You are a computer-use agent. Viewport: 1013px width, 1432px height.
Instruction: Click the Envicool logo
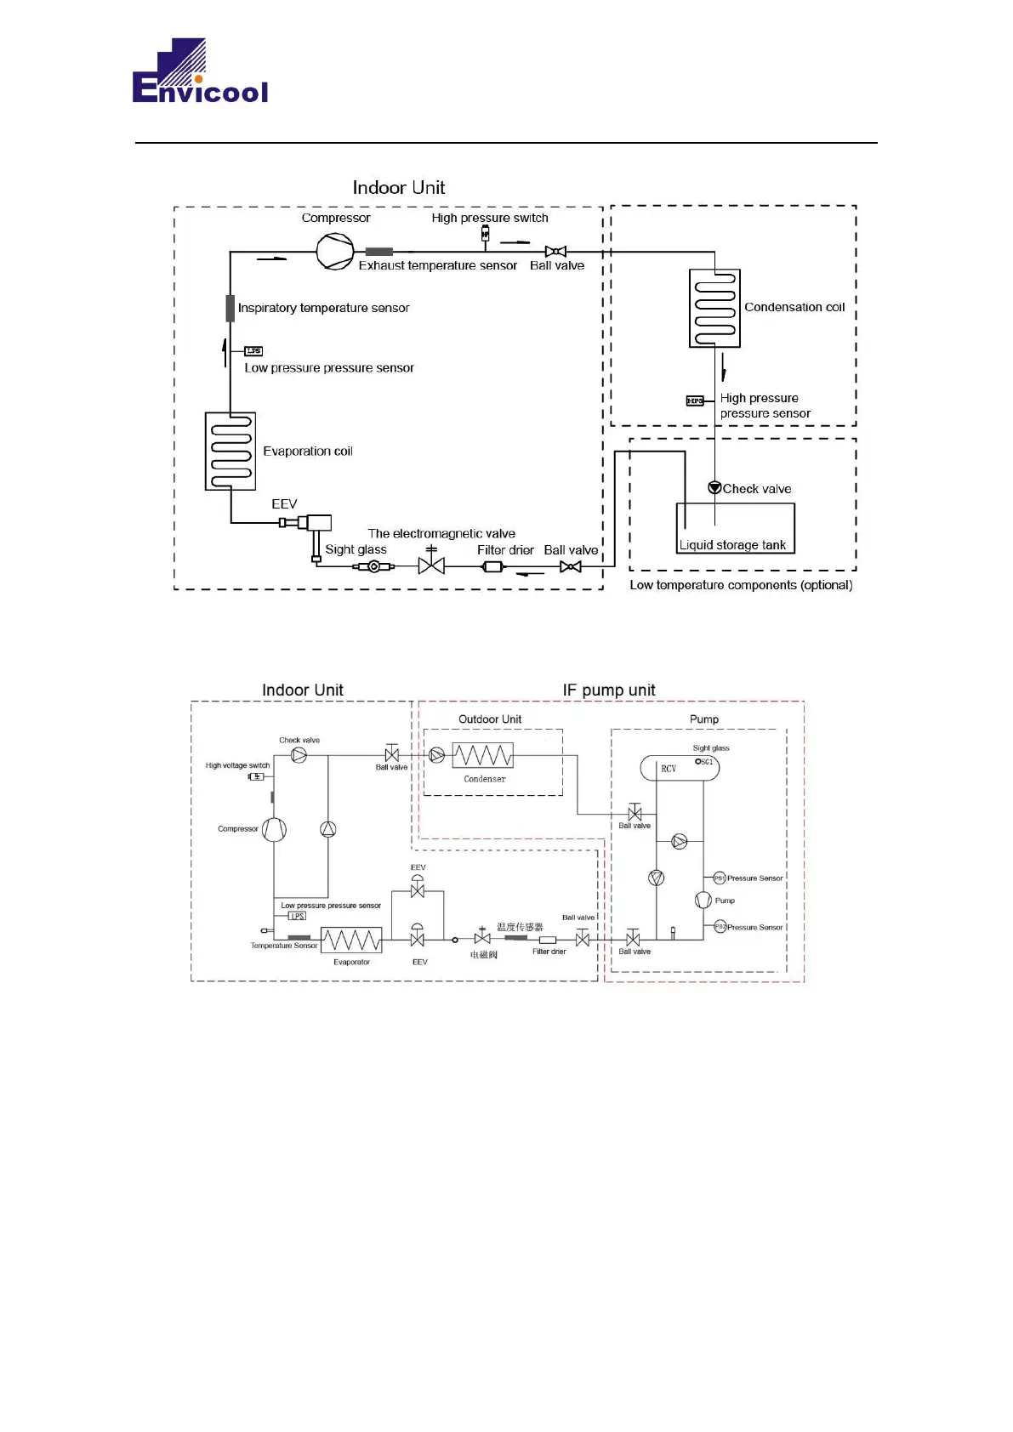click(x=200, y=71)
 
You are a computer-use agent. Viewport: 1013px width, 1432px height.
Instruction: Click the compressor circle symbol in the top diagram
click(x=335, y=252)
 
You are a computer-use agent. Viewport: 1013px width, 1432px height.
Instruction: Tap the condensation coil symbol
click(x=714, y=309)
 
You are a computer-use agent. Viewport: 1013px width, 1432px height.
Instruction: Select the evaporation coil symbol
click(x=230, y=452)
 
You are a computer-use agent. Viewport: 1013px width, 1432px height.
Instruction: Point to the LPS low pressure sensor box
click(x=253, y=351)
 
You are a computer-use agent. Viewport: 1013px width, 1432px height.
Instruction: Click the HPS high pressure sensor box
click(x=695, y=401)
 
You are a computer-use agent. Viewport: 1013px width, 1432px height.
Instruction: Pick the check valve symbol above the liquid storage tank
click(x=714, y=488)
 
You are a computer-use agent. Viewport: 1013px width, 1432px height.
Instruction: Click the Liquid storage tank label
click(x=732, y=545)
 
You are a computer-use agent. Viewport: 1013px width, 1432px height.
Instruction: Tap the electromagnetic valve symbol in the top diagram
click(x=431, y=565)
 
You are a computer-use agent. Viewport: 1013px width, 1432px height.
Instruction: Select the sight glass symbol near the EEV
click(x=373, y=566)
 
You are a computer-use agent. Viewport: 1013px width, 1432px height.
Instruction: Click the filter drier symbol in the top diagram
click(x=493, y=566)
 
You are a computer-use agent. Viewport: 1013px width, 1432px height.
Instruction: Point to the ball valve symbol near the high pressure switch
click(x=555, y=252)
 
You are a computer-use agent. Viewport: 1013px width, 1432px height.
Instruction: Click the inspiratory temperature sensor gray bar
click(x=230, y=308)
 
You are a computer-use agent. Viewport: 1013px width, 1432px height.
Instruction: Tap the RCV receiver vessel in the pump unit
click(x=679, y=768)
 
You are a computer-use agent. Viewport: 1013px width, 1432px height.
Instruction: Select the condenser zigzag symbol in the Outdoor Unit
click(x=483, y=755)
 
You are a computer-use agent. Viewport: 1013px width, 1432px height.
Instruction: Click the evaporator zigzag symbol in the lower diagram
click(x=351, y=940)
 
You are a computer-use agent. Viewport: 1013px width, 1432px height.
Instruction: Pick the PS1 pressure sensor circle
click(x=719, y=878)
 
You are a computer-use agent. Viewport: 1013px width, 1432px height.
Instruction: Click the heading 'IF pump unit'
click(x=609, y=690)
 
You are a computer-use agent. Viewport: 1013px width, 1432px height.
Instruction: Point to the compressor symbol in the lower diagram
click(x=274, y=829)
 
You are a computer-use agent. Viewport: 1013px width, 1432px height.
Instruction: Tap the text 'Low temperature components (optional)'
click(x=741, y=585)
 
